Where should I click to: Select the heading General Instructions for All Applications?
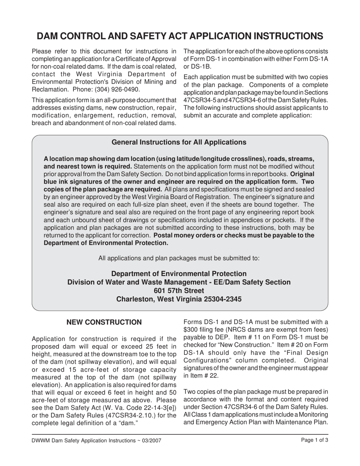pyautogui.click(x=179, y=142)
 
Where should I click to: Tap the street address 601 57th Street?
pyautogui.click(x=179, y=291)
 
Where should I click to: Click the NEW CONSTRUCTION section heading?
pyautogui.click(x=104, y=322)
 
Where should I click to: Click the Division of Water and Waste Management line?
pyautogui.click(x=179, y=282)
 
